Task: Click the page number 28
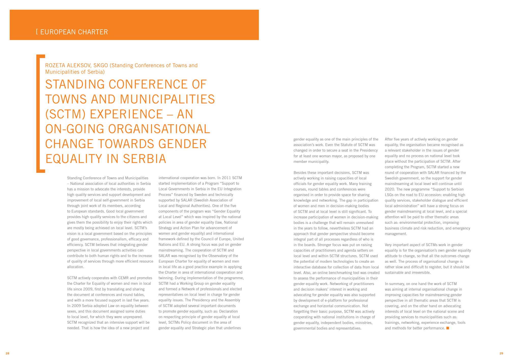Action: coord(7,353)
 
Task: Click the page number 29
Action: coord(501,353)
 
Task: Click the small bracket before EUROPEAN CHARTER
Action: coord(37,32)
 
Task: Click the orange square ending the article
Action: coord(448,328)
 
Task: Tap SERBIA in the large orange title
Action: coord(145,159)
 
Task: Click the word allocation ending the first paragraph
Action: coord(75,267)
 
